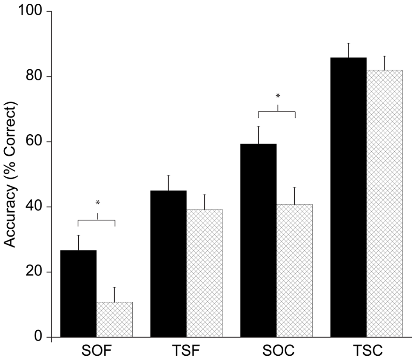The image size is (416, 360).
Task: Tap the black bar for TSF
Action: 168,264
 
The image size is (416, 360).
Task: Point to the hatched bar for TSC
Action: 385,204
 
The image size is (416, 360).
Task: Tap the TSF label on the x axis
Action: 186,352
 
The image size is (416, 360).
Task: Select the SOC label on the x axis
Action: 276,352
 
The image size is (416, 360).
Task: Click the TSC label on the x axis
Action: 366,352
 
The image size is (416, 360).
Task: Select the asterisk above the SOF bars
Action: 97,203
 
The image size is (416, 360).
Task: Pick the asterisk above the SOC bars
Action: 277,96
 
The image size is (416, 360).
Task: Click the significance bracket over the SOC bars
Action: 276,111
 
